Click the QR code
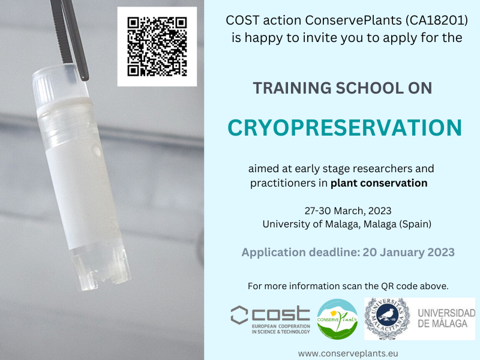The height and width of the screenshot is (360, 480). pos(157,47)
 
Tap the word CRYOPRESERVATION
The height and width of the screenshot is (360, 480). pos(344,128)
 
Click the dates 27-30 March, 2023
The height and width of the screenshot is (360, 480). pos(348,211)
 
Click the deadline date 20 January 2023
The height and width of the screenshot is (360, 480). pos(409,252)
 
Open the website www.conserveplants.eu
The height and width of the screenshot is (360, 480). pos(348,353)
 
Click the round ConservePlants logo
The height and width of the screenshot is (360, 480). pos(337,319)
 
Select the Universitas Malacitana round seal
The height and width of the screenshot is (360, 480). pos(387,319)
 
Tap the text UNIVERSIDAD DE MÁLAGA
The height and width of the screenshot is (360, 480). pos(446,319)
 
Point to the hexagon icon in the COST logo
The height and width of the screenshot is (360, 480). pos(239,315)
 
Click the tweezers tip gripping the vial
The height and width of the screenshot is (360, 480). pos(84,75)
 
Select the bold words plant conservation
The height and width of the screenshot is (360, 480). pos(379,183)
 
